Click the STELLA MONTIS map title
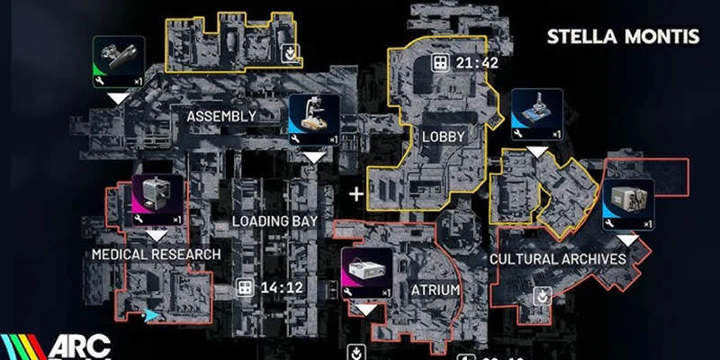623,37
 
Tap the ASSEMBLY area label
221,116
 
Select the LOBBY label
443,137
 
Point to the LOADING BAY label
273,220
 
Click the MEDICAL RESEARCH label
156,255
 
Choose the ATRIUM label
436,290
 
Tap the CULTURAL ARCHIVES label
557,258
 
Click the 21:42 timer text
477,63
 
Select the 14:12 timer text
279,288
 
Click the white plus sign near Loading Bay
356,193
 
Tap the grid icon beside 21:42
440,63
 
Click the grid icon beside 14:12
243,288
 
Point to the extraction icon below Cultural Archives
542,295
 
